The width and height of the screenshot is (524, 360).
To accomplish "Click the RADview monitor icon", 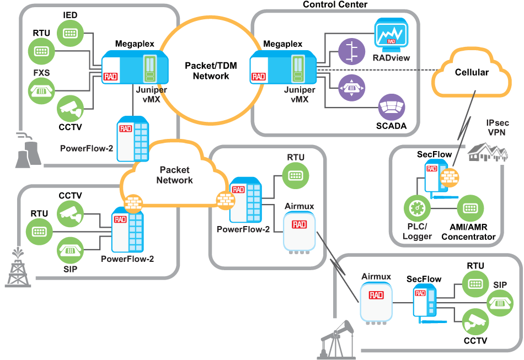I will [x=391, y=34].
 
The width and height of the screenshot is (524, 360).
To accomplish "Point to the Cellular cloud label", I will [x=472, y=72].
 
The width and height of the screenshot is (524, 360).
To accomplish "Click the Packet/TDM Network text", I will [x=211, y=71].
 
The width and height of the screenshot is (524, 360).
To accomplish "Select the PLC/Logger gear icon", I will [x=416, y=209].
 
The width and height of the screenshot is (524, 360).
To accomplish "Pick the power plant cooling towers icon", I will [x=28, y=149].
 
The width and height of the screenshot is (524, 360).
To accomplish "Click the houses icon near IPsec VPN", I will [x=488, y=149].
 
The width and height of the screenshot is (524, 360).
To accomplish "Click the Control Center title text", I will [x=335, y=4].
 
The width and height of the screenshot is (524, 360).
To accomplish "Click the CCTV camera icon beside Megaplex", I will [x=70, y=109].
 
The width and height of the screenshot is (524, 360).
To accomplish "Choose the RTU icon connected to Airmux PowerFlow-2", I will [x=296, y=176].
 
